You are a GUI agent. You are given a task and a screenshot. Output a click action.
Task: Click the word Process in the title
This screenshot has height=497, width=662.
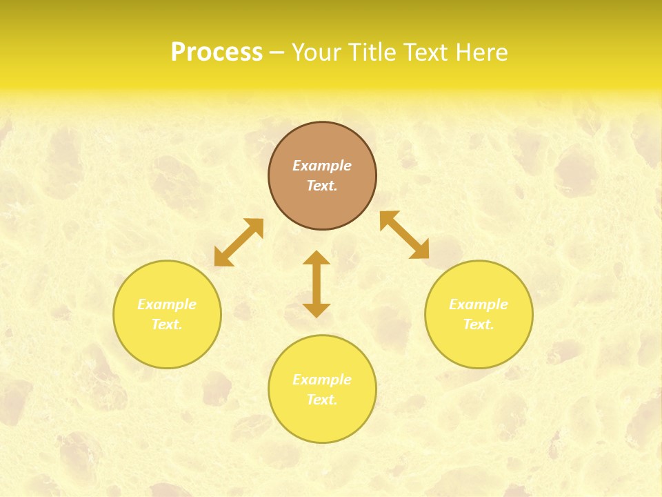[217, 52]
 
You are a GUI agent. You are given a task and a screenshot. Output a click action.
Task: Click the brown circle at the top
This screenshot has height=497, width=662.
[322, 207]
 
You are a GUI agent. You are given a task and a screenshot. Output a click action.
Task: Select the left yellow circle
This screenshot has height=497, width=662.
[167, 345]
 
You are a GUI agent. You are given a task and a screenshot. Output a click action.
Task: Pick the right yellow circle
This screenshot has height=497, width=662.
[479, 345]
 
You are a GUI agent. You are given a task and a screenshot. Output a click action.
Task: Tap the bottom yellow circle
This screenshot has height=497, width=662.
[322, 421]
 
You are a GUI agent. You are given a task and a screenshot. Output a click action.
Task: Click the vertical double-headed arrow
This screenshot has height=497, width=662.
[317, 284]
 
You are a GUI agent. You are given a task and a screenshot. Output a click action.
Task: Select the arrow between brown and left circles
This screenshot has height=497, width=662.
[239, 242]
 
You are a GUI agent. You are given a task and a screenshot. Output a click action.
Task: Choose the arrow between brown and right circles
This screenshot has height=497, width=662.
[405, 235]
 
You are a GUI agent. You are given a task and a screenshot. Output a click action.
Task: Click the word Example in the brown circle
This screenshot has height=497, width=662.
[322, 166]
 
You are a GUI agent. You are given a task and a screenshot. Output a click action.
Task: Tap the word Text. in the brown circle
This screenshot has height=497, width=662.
[322, 186]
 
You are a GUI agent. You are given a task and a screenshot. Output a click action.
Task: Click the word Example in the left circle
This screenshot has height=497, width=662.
[167, 304]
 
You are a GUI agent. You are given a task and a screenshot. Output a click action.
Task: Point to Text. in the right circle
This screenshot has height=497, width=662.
[479, 324]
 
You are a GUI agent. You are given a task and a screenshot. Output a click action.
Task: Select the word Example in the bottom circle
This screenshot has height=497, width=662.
[322, 380]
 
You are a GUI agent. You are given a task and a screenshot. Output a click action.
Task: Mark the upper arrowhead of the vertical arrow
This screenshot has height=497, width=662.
[317, 258]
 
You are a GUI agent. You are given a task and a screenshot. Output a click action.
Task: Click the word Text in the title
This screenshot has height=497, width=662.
[428, 52]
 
